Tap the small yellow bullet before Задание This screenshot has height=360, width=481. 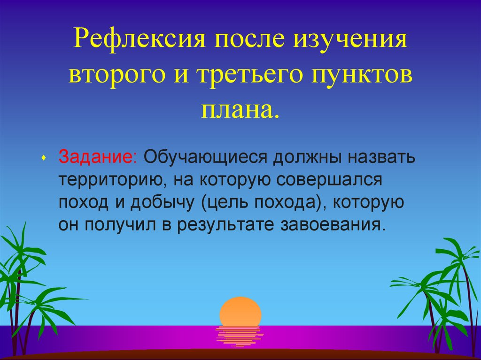(43, 157)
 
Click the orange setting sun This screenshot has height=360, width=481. (240, 310)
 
